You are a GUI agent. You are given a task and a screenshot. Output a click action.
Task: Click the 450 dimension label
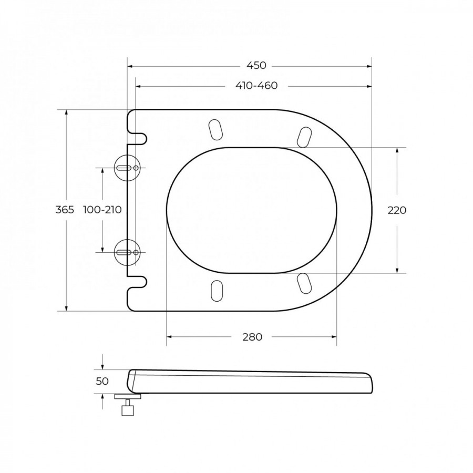[256, 66]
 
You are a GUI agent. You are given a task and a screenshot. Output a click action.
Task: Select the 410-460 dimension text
[256, 86]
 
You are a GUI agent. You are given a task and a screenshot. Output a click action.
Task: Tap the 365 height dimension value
[65, 210]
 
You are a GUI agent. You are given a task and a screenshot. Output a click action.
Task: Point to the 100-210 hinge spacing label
[102, 210]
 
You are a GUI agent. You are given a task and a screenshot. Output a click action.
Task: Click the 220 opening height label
[397, 210]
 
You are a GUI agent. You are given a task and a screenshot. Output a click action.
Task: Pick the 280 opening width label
[252, 337]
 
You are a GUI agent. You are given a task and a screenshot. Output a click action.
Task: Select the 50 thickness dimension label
[102, 382]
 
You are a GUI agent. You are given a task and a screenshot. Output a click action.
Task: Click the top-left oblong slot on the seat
[215, 130]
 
